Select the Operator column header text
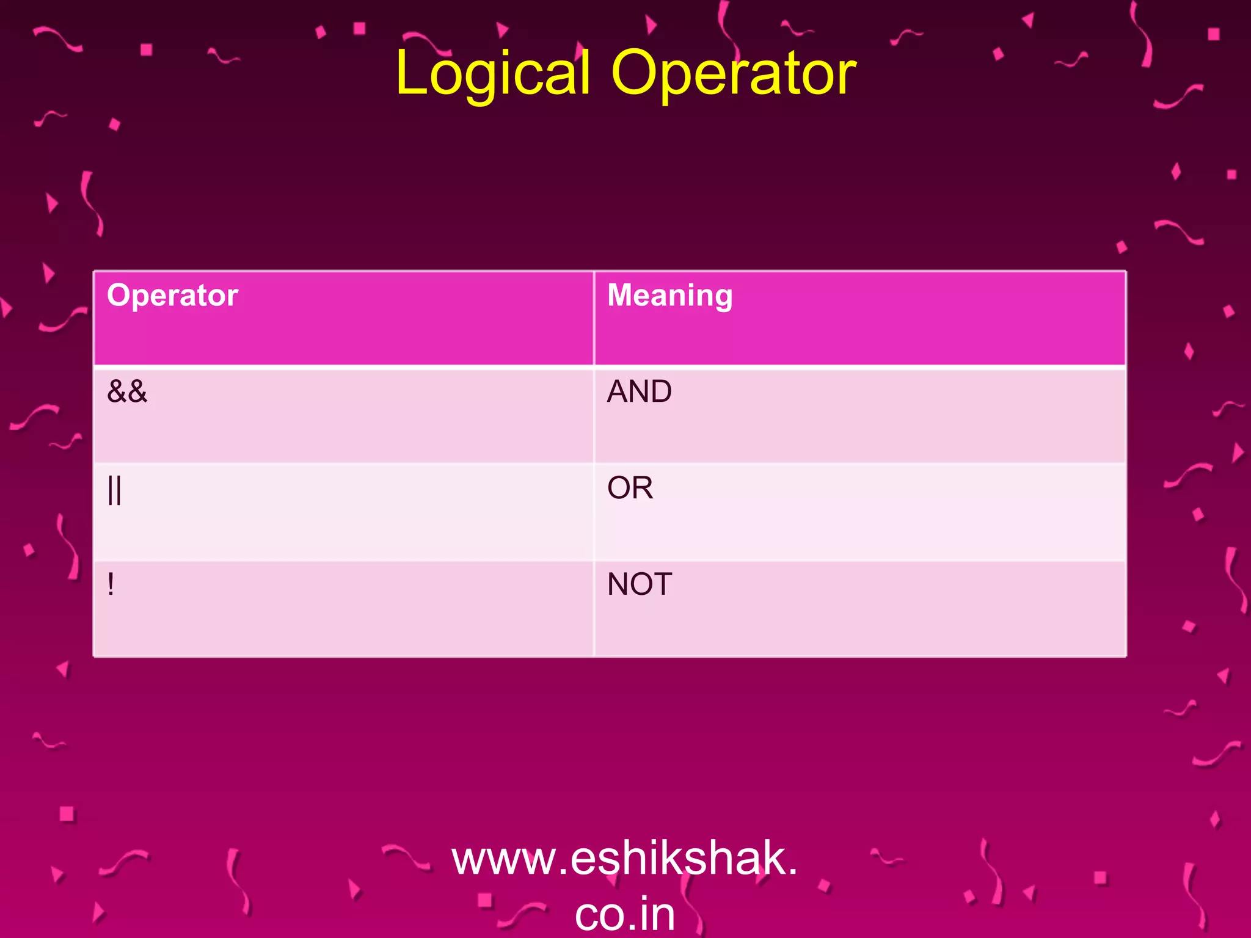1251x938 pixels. coord(172,296)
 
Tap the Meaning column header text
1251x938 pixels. coord(669,296)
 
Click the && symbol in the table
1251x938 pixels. coord(127,391)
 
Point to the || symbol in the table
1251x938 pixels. coord(114,489)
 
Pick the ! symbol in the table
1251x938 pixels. coord(111,584)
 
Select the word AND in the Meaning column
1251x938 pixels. coord(639,391)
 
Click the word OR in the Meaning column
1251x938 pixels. coord(630,488)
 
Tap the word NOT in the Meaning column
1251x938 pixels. coord(639,584)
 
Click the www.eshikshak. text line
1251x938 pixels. coord(624,858)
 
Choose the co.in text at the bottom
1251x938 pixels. coord(624,914)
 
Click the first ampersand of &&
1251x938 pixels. coord(117,391)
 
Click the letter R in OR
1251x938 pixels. coord(643,488)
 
